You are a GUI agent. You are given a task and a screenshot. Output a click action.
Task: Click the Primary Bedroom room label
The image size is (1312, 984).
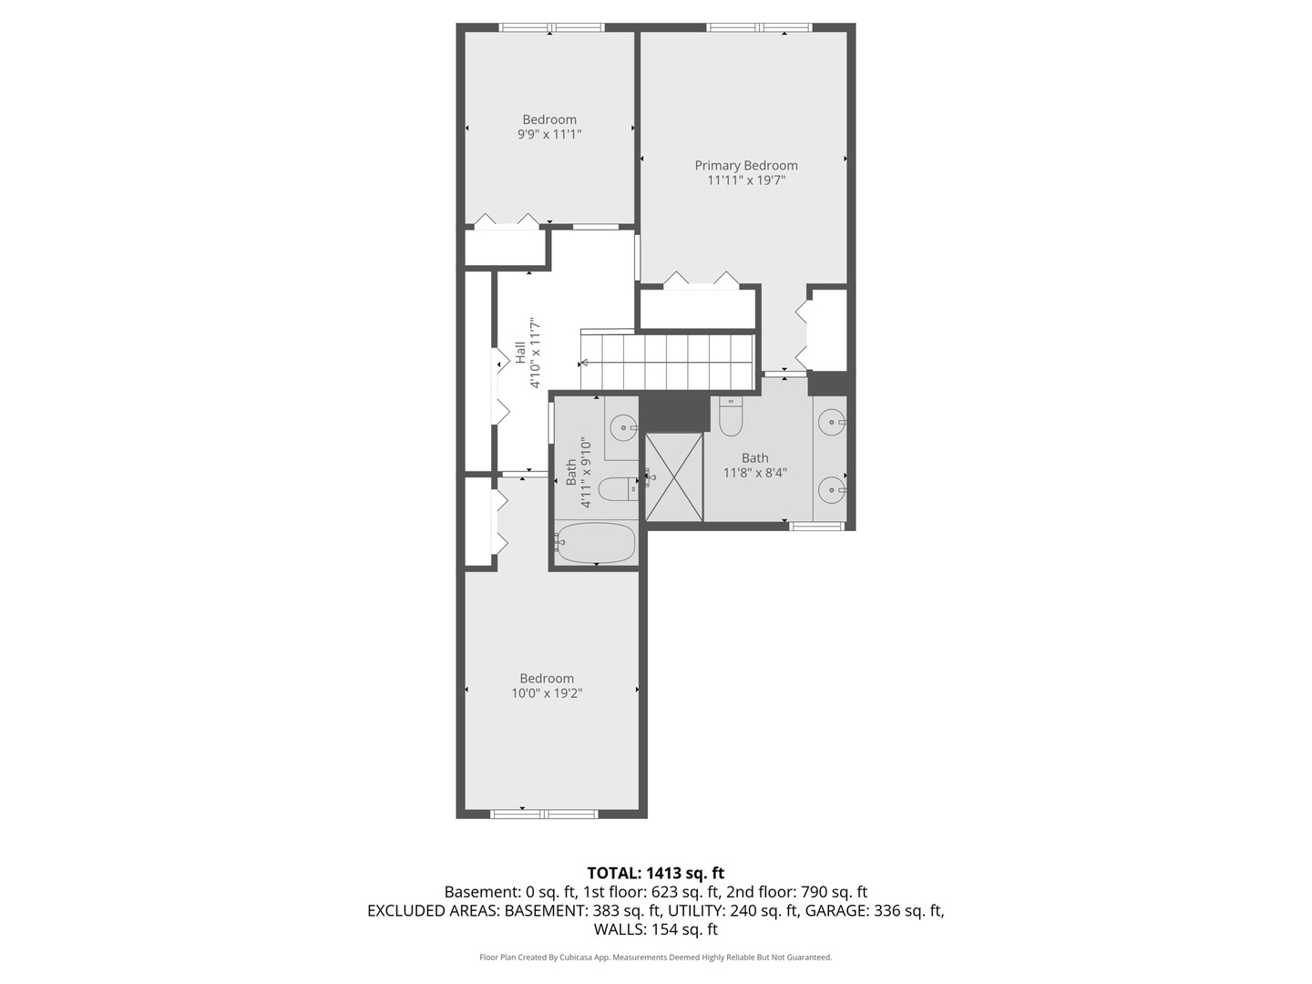[x=745, y=165]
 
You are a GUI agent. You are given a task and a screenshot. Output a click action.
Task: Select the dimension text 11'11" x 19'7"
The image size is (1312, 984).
[x=745, y=180]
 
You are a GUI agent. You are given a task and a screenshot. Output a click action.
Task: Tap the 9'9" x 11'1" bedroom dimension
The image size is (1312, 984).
[x=548, y=134]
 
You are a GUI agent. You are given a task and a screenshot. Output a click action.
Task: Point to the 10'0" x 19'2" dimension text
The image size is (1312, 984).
[x=547, y=693]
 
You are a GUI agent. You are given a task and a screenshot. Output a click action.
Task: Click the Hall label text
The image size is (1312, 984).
[x=519, y=353]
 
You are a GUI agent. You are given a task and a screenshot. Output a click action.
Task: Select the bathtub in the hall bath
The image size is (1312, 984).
[x=596, y=543]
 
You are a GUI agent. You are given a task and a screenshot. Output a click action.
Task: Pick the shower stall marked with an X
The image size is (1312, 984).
[x=674, y=477]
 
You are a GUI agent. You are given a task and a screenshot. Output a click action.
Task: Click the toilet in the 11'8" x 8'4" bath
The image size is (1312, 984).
[x=732, y=417]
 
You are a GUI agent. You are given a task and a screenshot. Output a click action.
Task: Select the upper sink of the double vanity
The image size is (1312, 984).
[x=831, y=422]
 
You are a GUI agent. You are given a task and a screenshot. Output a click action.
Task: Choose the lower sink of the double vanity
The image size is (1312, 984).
[x=831, y=490]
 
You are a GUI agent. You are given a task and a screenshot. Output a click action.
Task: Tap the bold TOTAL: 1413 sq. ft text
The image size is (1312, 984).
[x=655, y=873]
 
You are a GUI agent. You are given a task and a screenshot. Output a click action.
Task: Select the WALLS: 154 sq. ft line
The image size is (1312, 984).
[x=655, y=929]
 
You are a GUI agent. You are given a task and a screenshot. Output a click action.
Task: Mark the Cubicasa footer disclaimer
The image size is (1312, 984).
[x=655, y=958]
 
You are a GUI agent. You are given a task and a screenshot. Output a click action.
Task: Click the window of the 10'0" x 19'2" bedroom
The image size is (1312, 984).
[x=544, y=814]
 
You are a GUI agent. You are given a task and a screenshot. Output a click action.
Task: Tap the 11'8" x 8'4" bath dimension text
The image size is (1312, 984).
[x=754, y=473]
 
